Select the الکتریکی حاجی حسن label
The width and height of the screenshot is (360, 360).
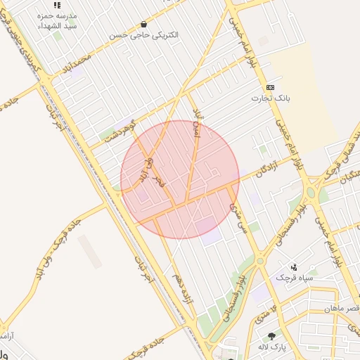pos(143,34)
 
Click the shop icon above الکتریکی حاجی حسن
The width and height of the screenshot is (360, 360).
pos(144,23)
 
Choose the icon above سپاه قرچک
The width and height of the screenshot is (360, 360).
pos(293,266)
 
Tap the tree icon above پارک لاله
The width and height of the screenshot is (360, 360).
pos(272,335)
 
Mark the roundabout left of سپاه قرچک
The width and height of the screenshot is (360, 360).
pos(260,261)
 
